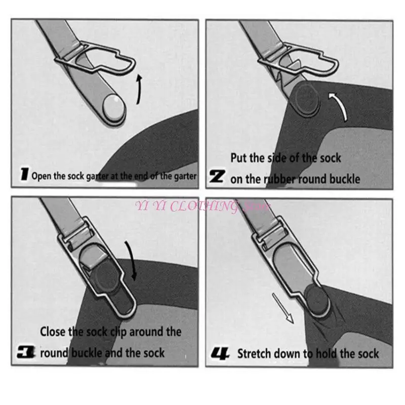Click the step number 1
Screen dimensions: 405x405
coord(23,176)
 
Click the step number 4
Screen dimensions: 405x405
coord(221,353)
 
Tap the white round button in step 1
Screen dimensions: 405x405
coord(113,108)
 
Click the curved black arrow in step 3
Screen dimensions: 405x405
coord(133,261)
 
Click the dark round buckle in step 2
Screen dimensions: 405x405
coord(305,99)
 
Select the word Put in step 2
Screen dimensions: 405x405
coord(239,158)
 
